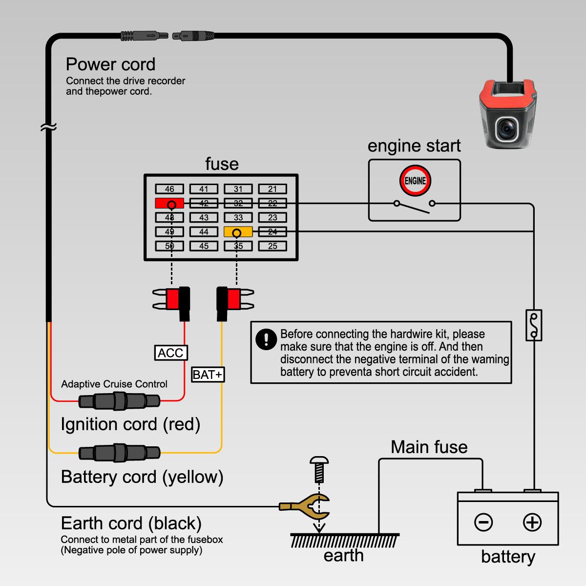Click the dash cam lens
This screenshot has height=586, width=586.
click(x=508, y=129)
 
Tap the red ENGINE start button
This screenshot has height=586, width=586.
click(x=415, y=181)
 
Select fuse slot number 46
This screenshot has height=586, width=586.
click(x=169, y=189)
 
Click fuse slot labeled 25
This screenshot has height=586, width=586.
click(x=272, y=246)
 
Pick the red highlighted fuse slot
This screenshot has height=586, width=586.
click(x=169, y=203)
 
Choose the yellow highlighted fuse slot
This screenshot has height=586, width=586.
click(x=238, y=232)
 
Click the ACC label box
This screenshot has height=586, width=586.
click(x=170, y=353)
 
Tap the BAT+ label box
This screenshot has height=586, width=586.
click(x=208, y=375)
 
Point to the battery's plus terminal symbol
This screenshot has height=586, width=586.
click(x=532, y=523)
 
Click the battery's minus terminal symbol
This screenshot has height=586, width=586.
click(x=483, y=523)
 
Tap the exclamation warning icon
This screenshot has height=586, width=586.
click(x=266, y=339)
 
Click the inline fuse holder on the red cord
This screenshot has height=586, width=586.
click(x=119, y=401)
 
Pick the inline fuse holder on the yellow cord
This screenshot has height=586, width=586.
click(x=119, y=453)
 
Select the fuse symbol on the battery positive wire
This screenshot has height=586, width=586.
click(x=534, y=325)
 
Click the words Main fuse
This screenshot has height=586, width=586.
click(x=429, y=447)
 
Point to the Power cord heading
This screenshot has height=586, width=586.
click(x=110, y=64)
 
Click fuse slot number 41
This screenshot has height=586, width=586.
click(x=204, y=189)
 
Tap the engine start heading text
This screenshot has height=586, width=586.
click(x=414, y=146)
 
